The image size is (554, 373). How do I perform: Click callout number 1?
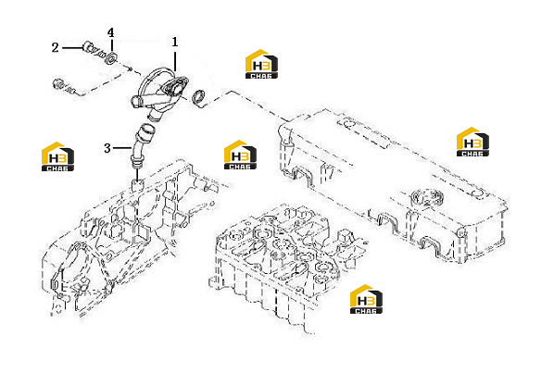tap(175, 42)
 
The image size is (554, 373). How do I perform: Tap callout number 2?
tap(55, 47)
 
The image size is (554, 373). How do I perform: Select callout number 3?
tap(107, 148)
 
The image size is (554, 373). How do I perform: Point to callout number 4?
tap(111, 32)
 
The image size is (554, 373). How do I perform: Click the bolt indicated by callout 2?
tap(94, 50)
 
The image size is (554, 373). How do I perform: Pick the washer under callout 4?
tap(112, 58)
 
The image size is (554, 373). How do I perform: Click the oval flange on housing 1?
tap(176, 87)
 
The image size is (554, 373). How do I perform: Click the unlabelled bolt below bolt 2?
tap(66, 87)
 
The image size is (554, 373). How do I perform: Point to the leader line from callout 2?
tap(73, 47)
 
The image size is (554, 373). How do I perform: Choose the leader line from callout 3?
tap(123, 148)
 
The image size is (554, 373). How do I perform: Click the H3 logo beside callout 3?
tap(58, 156)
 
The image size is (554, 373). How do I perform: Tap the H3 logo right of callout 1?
tap(261, 64)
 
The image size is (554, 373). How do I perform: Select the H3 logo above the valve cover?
tap(472, 142)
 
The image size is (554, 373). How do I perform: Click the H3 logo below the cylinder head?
tap(366, 299)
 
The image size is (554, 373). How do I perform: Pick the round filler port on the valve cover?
tap(426, 198)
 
